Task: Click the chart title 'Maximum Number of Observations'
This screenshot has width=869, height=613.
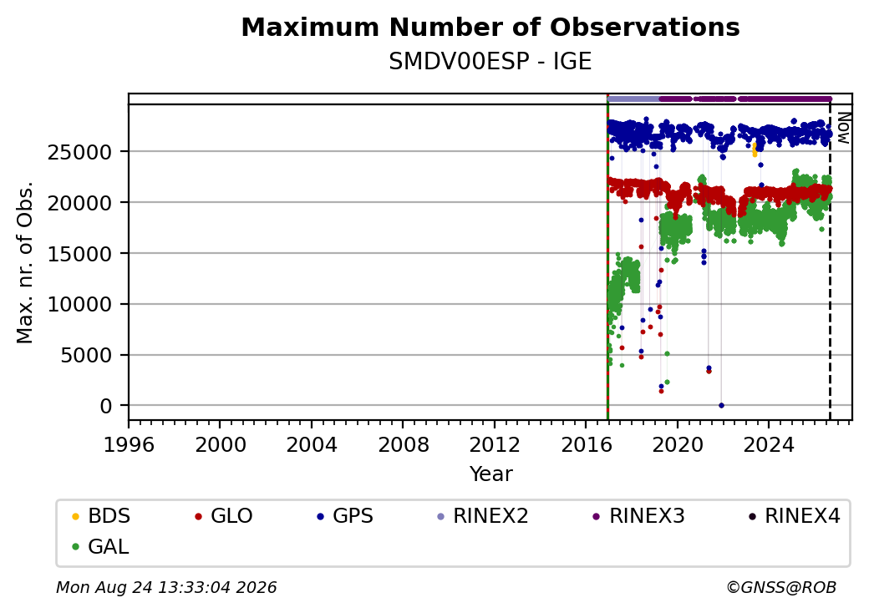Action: click(490, 27)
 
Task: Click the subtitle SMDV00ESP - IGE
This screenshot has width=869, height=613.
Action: click(490, 62)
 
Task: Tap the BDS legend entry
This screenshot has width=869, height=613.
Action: click(101, 516)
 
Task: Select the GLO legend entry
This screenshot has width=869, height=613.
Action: click(224, 516)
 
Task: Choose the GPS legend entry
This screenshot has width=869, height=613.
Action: click(345, 516)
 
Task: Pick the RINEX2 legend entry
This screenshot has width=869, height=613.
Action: click(483, 516)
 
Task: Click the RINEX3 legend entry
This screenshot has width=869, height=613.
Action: click(639, 516)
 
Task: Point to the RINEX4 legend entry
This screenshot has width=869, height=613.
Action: click(794, 516)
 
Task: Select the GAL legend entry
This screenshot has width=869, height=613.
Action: click(101, 546)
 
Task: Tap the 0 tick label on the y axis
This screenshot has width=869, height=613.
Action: click(106, 406)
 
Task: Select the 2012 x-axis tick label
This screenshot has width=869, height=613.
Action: click(495, 444)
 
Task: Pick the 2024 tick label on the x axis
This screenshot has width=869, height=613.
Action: click(769, 444)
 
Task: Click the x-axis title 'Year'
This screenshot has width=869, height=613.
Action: click(491, 474)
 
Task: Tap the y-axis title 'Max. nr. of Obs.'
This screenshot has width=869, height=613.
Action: click(25, 262)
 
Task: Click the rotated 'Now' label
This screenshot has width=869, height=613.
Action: click(843, 128)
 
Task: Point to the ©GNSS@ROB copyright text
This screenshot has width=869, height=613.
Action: click(781, 587)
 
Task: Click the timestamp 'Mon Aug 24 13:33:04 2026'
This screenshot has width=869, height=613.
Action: click(166, 587)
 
